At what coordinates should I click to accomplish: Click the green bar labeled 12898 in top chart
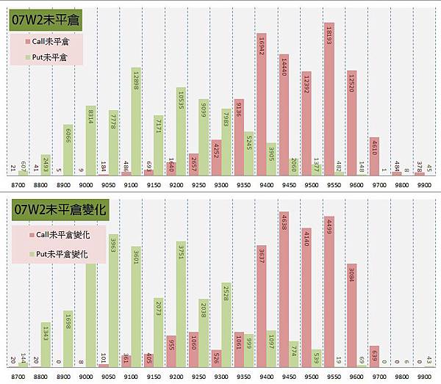[136, 121]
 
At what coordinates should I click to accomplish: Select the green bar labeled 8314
[91, 140]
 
